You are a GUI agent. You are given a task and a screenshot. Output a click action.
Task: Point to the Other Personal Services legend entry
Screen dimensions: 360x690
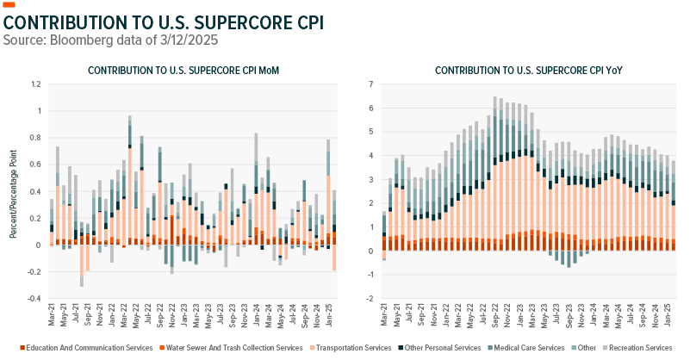pyautogui.click(x=440, y=347)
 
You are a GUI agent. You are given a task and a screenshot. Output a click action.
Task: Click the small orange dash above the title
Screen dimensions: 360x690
pyautogui.click(x=9, y=5)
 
